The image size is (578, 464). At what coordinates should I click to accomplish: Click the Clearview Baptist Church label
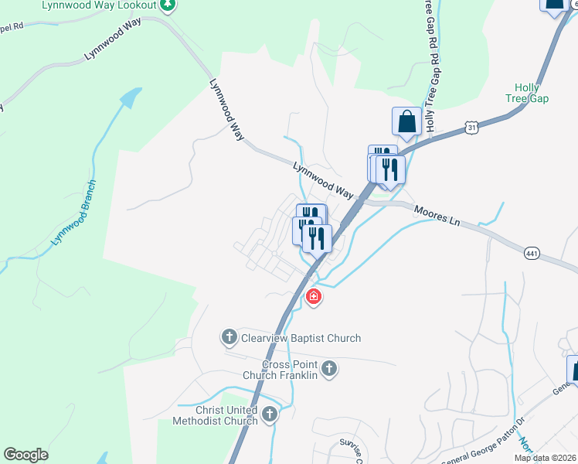[x=301, y=338]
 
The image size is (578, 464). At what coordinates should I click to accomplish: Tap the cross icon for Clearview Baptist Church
[x=229, y=337]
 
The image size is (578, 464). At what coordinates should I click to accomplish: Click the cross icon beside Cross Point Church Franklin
[x=329, y=369]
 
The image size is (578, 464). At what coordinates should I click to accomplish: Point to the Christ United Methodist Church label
[x=217, y=414]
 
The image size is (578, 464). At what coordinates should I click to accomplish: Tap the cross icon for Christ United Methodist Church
[x=270, y=414]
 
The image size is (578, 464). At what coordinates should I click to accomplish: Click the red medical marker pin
[x=313, y=296]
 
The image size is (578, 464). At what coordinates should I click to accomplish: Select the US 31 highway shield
[x=471, y=126]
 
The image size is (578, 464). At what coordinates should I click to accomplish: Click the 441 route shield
[x=531, y=254]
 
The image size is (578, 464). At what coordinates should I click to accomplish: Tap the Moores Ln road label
[x=437, y=215]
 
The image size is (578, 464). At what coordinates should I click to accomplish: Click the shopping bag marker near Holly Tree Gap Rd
[x=406, y=121]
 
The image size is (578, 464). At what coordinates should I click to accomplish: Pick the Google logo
[x=25, y=455]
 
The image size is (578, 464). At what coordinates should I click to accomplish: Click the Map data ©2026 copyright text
[x=544, y=458]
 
